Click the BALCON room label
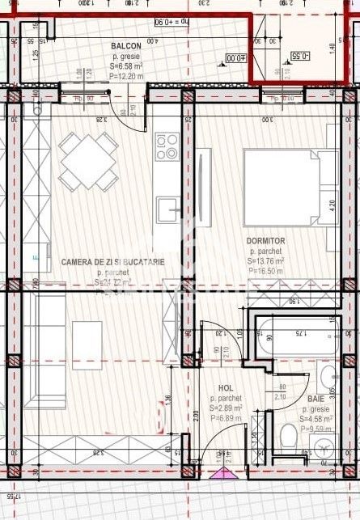(126, 46)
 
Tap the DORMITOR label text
(266, 240)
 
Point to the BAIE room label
(316, 399)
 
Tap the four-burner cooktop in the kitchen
(167, 146)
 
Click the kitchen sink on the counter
(169, 209)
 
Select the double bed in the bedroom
(286, 188)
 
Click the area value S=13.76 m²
(266, 261)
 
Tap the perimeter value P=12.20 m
(126, 76)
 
